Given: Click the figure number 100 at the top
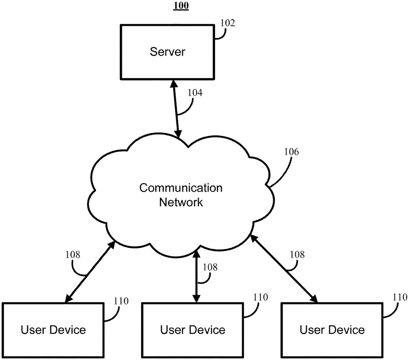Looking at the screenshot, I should (x=181, y=6).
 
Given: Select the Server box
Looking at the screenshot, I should (x=167, y=52).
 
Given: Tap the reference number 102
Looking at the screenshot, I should (x=228, y=23).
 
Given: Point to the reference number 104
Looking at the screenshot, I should (x=195, y=93).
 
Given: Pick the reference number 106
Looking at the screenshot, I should (x=291, y=152).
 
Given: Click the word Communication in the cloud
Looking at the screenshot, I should (x=181, y=188).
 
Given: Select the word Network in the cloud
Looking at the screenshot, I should (x=181, y=202).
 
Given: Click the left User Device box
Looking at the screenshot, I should (x=53, y=330).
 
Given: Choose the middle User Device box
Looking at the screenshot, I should (x=193, y=330).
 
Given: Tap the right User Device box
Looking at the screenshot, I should (x=332, y=330).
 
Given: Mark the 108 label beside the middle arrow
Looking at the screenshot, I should (x=210, y=267).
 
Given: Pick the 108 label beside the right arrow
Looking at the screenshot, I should (x=297, y=254).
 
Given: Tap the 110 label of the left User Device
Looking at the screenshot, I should (x=121, y=301).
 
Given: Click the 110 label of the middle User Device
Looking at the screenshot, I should (x=260, y=297).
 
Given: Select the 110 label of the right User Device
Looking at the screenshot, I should (x=400, y=297).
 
